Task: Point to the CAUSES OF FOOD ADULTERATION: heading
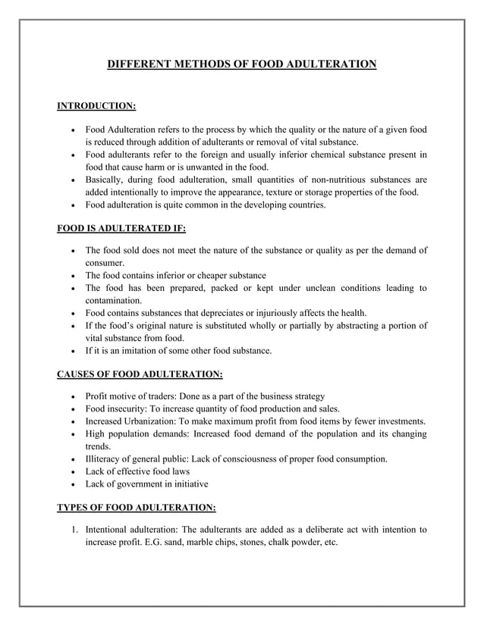tap(140, 373)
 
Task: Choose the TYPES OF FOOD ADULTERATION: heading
tap(137, 507)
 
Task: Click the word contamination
tap(112, 300)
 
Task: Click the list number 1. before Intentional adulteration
tap(75, 530)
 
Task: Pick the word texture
tap(277, 192)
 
